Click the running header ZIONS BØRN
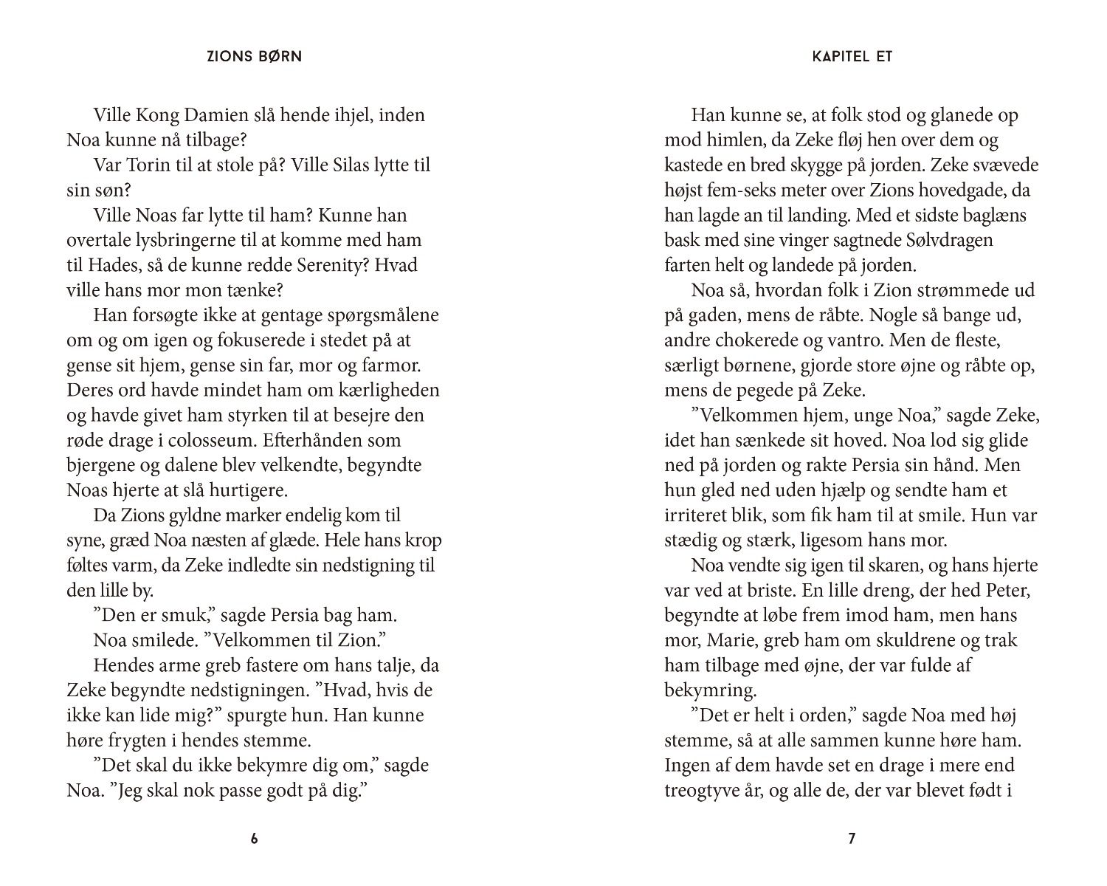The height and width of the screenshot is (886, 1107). (x=254, y=56)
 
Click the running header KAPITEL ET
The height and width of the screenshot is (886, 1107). (x=852, y=56)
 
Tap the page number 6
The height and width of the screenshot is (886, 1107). (x=255, y=839)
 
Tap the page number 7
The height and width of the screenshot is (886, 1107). (x=852, y=839)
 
